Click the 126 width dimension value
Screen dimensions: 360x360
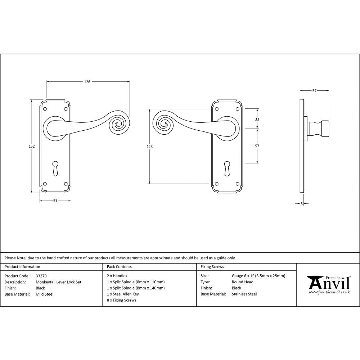87,82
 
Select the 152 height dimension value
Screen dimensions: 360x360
32,146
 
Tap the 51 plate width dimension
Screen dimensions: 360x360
55,201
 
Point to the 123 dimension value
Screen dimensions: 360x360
150,147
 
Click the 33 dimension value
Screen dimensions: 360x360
257,119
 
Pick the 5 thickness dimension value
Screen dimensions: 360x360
301,204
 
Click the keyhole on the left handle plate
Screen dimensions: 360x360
55,168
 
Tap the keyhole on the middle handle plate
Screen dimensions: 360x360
227,168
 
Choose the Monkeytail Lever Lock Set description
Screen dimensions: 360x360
58,282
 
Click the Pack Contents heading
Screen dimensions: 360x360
119,267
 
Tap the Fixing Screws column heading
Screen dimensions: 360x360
212,267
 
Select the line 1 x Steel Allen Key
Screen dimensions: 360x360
123,294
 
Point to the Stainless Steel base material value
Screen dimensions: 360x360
244,294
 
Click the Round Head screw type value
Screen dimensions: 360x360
242,282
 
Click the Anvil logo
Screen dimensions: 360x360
328,284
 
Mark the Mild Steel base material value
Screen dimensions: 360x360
45,294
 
